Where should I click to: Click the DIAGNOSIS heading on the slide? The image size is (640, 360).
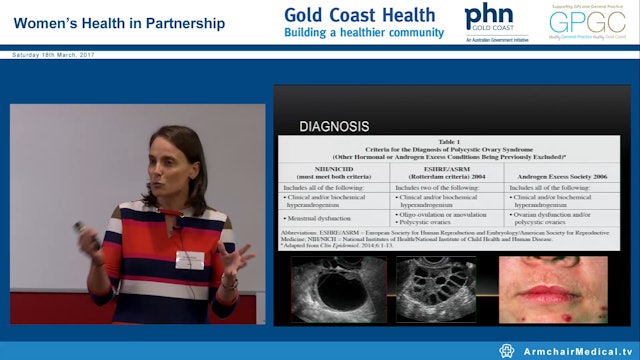(x=334, y=127)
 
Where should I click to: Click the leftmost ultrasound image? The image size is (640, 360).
(x=337, y=291)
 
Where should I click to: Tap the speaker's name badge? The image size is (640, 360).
(x=190, y=260)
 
